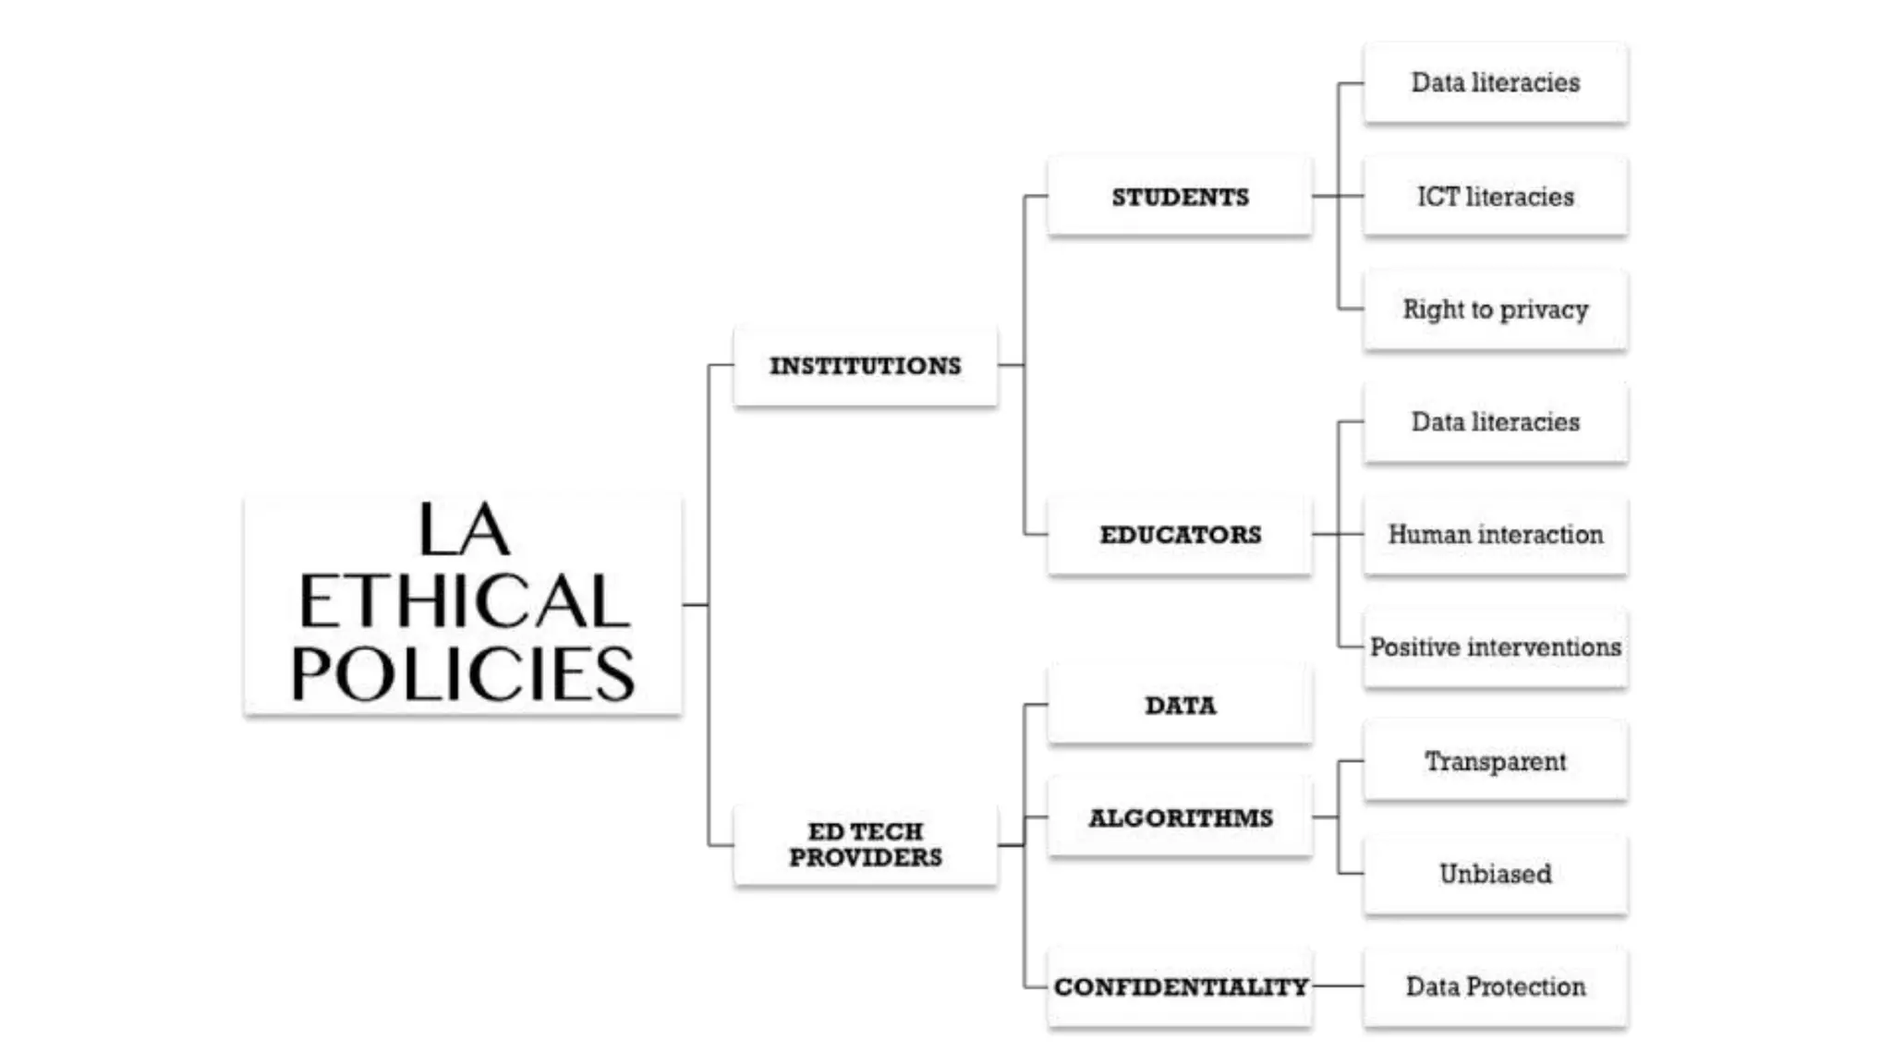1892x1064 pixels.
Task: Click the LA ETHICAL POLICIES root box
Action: tap(463, 605)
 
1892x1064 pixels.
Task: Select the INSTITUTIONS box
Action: tap(866, 366)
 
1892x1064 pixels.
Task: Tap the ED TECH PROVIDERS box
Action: tap(866, 844)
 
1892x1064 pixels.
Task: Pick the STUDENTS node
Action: tap(1180, 197)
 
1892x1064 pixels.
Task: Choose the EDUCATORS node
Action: tap(1180, 535)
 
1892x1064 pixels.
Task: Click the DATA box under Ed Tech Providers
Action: tap(1180, 705)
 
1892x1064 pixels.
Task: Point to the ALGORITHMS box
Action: tap(1180, 818)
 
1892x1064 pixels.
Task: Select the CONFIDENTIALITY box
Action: tap(1180, 986)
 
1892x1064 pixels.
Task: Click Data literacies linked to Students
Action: tap(1495, 83)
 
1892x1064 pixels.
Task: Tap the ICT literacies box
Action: tap(1495, 197)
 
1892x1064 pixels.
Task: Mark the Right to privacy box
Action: tap(1495, 309)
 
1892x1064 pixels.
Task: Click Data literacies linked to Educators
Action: tap(1495, 422)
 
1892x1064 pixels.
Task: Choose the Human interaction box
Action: tap(1495, 535)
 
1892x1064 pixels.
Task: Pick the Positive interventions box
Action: tap(1495, 647)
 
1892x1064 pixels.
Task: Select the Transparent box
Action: tap(1495, 761)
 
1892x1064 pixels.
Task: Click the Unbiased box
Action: tap(1495, 874)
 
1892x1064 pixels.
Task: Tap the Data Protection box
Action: tap(1495, 986)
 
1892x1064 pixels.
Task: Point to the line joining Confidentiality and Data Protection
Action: tap(1338, 986)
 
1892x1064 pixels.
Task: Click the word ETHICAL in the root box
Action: tap(464, 601)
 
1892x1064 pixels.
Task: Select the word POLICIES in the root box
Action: tap(464, 673)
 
